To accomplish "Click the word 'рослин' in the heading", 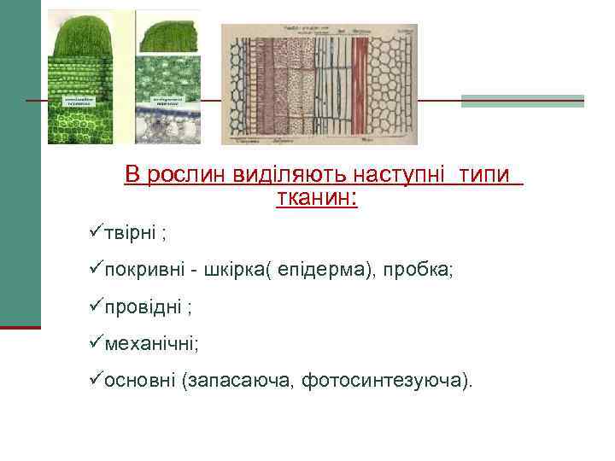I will point(181,175).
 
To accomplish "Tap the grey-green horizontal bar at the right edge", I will point(522,101).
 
